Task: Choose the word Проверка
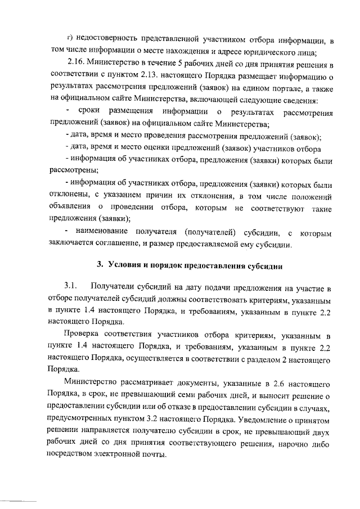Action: click(84, 336)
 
